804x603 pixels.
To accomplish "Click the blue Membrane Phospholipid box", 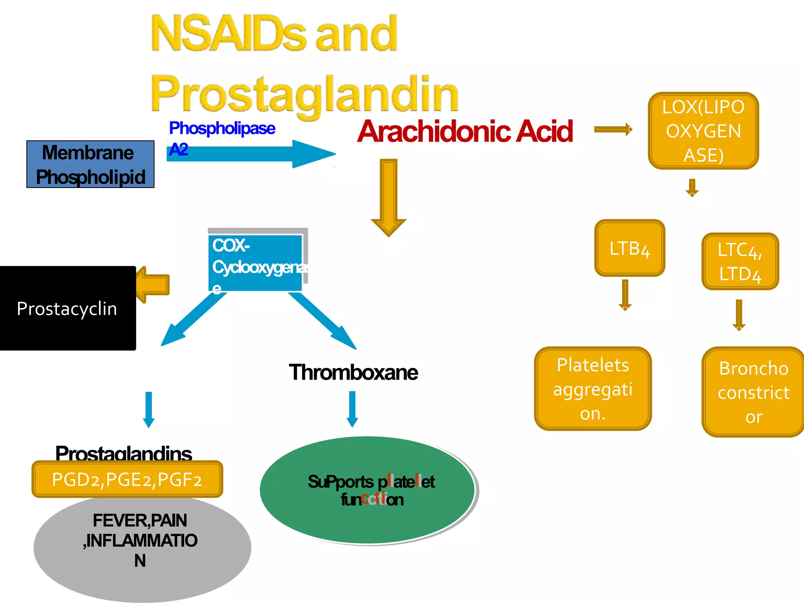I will (x=90, y=164).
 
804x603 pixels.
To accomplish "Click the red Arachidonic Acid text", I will (x=465, y=132).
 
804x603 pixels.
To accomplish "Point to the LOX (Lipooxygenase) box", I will (x=703, y=131).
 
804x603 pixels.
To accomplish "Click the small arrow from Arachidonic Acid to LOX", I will (x=613, y=130).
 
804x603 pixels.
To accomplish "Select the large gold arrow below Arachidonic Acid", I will (x=389, y=196).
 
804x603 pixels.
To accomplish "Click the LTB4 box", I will (x=629, y=248).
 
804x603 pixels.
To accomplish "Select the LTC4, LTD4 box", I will (x=740, y=261).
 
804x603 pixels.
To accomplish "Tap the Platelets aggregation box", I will (x=593, y=389).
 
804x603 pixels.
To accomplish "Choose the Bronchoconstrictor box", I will (x=753, y=392).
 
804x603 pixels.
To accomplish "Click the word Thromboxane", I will (x=353, y=372).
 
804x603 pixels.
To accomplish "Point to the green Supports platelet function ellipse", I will (x=368, y=490).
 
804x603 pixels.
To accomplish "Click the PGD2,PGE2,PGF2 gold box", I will (x=127, y=479).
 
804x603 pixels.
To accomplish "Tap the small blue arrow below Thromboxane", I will (x=352, y=409).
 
